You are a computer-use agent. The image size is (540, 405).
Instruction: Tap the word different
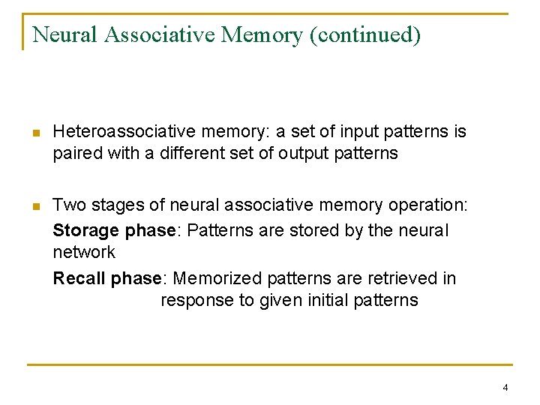click(x=191, y=154)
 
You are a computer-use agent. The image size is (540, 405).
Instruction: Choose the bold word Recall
click(x=79, y=278)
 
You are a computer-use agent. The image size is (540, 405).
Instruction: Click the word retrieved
click(x=402, y=278)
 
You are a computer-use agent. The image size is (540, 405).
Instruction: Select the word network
click(x=84, y=252)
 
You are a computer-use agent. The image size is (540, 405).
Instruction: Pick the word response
click(x=195, y=300)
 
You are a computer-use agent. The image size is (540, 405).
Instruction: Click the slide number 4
click(x=505, y=388)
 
